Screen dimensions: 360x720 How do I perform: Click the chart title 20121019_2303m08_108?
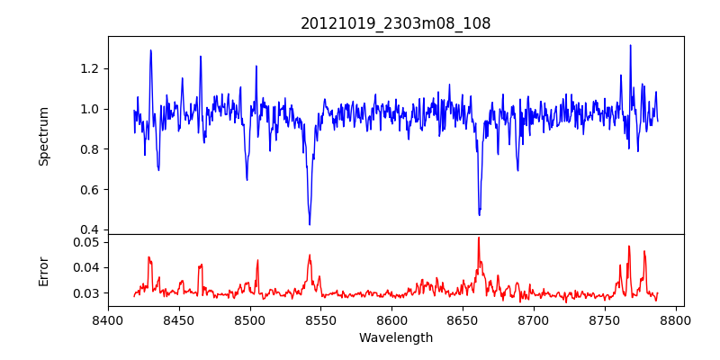click(x=395, y=24)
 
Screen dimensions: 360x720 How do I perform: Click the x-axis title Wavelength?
click(x=395, y=337)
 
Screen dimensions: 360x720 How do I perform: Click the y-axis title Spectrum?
click(x=43, y=135)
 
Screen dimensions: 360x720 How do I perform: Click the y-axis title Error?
click(x=43, y=270)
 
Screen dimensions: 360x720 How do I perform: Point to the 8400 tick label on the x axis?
click(x=108, y=319)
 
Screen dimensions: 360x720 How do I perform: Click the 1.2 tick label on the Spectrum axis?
click(x=89, y=68)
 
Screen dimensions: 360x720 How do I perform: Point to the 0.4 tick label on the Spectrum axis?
click(x=89, y=230)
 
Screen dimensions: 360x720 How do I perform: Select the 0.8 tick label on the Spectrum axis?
click(x=89, y=149)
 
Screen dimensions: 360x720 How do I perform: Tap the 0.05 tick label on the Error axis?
click(x=85, y=242)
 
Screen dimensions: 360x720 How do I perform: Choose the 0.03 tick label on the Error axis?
click(x=85, y=293)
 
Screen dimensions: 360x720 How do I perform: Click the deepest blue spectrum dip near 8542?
click(x=310, y=224)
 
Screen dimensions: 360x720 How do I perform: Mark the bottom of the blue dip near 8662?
click(x=479, y=214)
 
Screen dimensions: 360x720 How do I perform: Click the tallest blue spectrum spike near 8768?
click(x=630, y=45)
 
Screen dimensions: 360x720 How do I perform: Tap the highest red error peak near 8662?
click(x=479, y=238)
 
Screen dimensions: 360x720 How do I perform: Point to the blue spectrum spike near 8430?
click(x=150, y=50)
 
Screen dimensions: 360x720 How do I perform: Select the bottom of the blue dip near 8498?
click(x=247, y=180)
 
